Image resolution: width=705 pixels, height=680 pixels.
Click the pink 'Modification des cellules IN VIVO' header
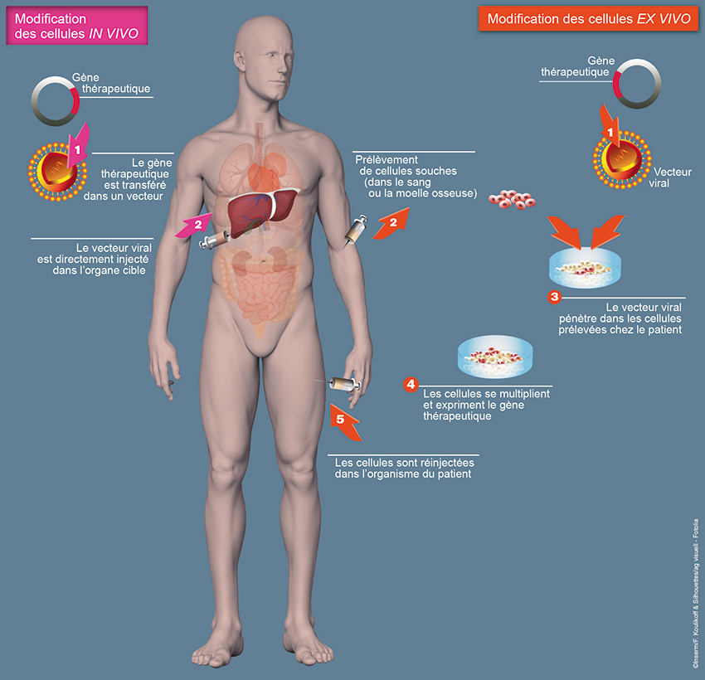click(77, 26)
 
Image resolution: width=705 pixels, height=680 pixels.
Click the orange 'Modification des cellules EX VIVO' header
click(589, 19)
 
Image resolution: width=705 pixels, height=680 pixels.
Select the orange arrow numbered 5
click(344, 422)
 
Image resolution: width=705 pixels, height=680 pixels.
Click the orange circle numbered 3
click(554, 297)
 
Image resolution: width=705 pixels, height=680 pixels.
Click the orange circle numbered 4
click(411, 384)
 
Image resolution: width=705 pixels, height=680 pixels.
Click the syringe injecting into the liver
click(215, 240)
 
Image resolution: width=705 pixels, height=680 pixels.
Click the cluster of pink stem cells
click(512, 199)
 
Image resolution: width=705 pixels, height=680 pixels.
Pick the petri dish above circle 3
click(585, 269)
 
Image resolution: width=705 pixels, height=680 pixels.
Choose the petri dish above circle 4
click(495, 357)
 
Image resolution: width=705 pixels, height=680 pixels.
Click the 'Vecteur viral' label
click(670, 177)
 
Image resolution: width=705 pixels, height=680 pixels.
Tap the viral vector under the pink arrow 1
click(57, 172)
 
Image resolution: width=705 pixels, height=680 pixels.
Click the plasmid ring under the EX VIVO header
click(637, 84)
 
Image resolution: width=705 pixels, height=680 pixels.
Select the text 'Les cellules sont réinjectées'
click(404, 463)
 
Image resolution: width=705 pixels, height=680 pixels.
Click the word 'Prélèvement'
click(387, 160)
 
